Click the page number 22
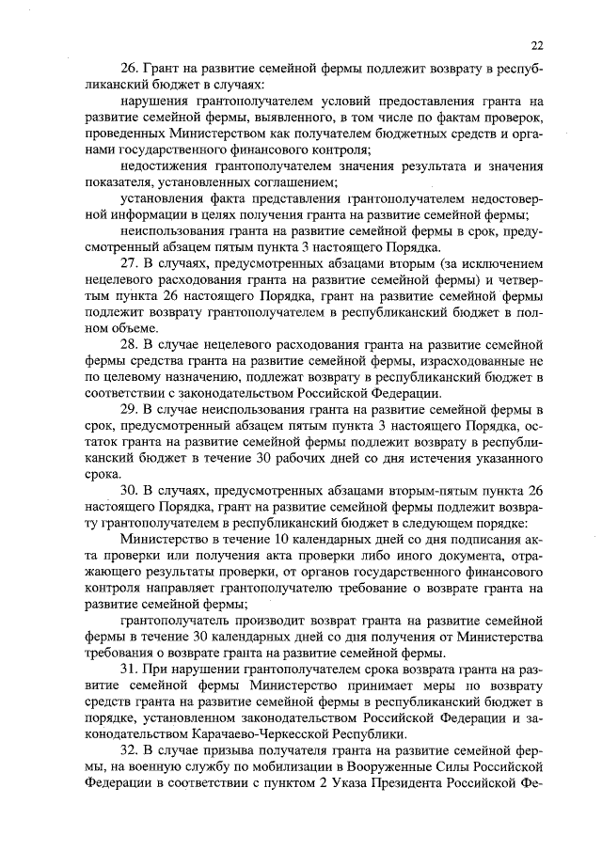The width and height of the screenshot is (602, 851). point(536,44)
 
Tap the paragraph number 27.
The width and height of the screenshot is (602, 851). point(130,260)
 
